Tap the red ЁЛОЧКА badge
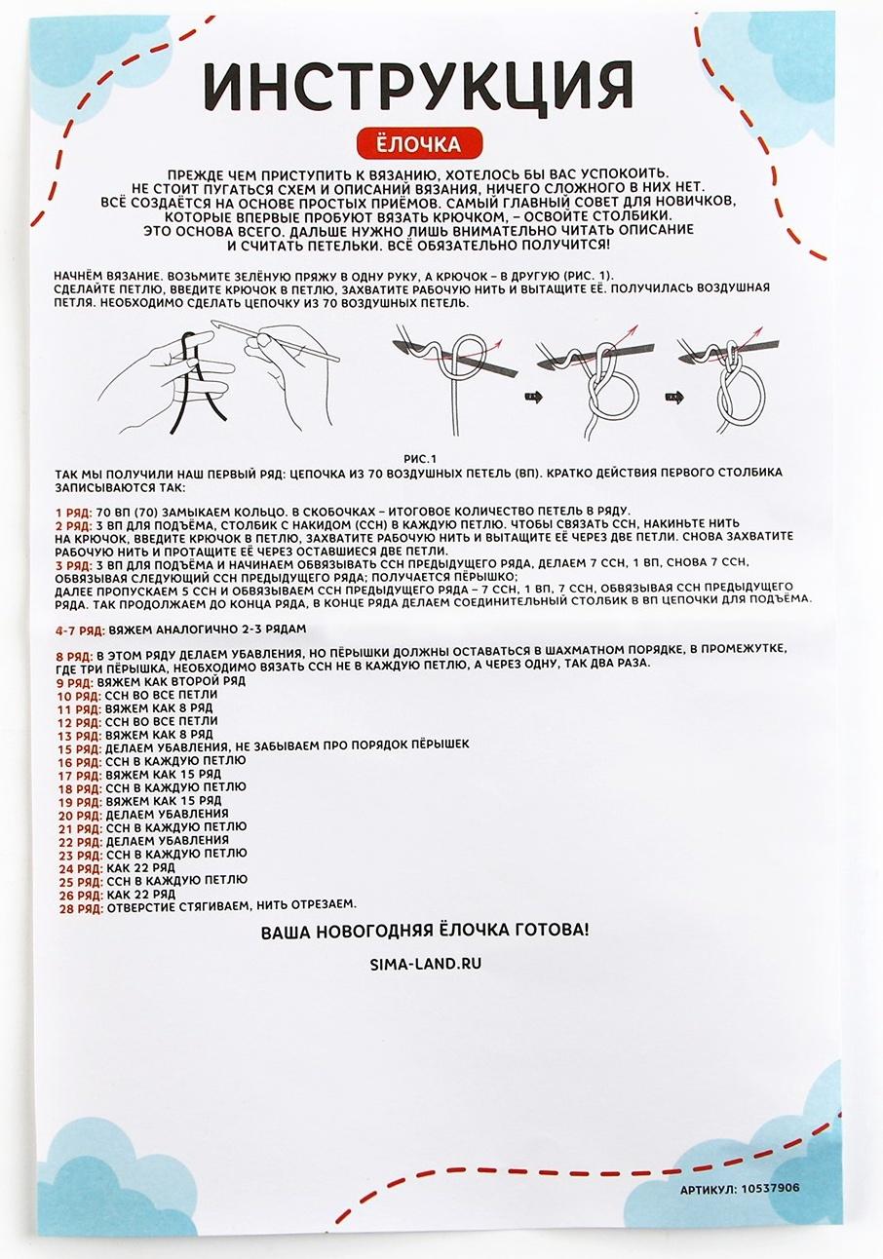click(419, 144)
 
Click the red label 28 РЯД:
click(80, 907)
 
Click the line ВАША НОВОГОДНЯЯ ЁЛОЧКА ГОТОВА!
click(424, 931)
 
